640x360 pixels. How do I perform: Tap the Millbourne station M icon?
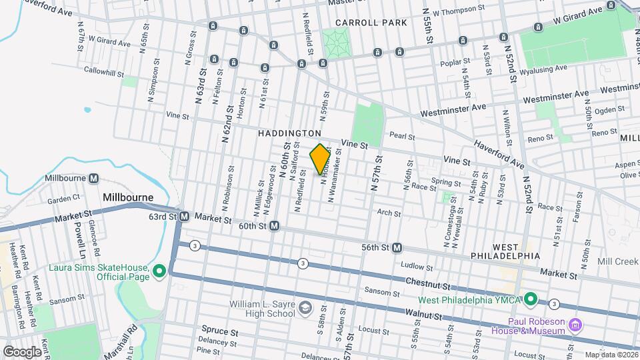click(x=94, y=179)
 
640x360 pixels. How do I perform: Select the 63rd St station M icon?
click(x=185, y=217)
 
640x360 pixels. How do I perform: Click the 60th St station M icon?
click(x=274, y=227)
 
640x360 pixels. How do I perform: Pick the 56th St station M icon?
click(x=397, y=247)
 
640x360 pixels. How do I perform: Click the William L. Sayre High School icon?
click(x=305, y=307)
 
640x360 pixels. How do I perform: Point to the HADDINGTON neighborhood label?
click(x=290, y=134)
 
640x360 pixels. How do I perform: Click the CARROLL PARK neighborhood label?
click(x=371, y=23)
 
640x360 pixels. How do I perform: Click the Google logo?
click(x=22, y=351)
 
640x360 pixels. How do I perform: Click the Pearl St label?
click(x=403, y=137)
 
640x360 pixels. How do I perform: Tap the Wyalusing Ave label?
click(x=543, y=68)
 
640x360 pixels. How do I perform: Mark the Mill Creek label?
click(x=618, y=261)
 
